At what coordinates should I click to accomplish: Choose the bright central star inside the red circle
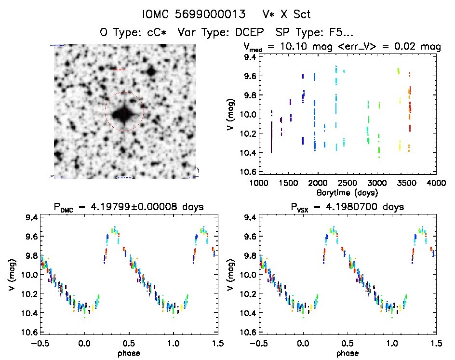pyautogui.click(x=123, y=114)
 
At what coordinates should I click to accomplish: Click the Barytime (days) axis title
pyautogui.click(x=347, y=192)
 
